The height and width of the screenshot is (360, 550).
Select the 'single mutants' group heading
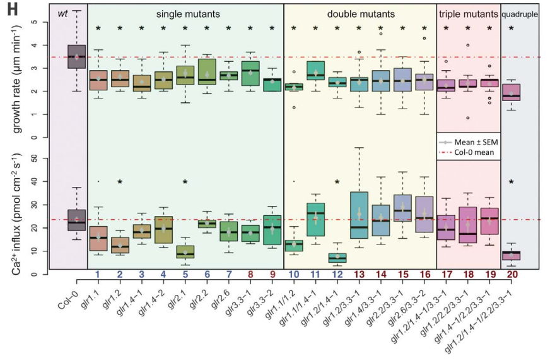click(x=185, y=13)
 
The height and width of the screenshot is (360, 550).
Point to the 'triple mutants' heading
click(x=468, y=13)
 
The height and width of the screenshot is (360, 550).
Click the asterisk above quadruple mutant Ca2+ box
click(x=512, y=183)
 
